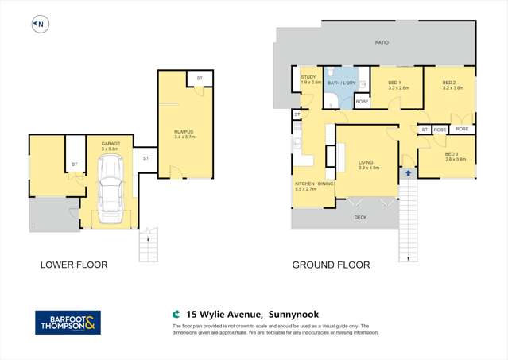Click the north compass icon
[x=39, y=25]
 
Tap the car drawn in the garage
[x=109, y=188]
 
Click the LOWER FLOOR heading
[x=74, y=265]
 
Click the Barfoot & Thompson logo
[x=68, y=322]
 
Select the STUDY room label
[x=309, y=78]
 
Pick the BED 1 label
[x=395, y=83]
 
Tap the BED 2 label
[x=449, y=83]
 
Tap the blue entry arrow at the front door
[x=409, y=172]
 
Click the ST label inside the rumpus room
[x=200, y=78]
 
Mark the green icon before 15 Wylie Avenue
[x=176, y=314]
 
